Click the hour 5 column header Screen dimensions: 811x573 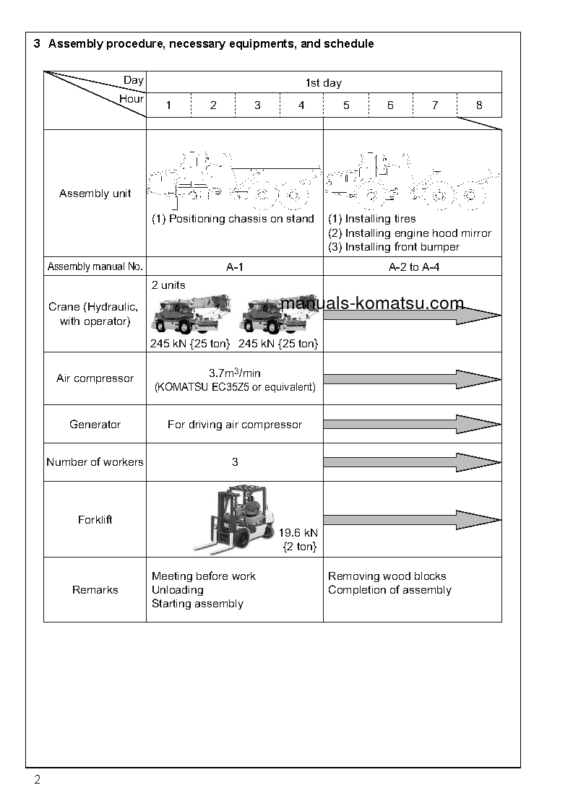(346, 105)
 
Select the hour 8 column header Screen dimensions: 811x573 (479, 105)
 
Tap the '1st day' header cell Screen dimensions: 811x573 (324, 83)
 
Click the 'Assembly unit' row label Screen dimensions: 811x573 (95, 194)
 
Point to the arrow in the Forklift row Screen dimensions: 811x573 (411, 519)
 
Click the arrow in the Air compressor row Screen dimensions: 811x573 (411, 379)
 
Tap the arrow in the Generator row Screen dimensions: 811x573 (411, 424)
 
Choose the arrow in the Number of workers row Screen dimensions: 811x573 (411, 462)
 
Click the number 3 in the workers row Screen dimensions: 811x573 (235, 462)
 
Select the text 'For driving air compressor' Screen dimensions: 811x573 (235, 425)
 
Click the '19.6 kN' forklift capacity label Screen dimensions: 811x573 (298, 533)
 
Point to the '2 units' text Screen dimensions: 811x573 (168, 285)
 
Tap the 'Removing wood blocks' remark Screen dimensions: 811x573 (387, 576)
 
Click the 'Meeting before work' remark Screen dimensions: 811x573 (204, 576)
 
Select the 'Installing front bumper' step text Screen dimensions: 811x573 (394, 247)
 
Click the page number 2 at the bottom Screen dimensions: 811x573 (38, 780)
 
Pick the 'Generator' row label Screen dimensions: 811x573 (95, 425)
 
